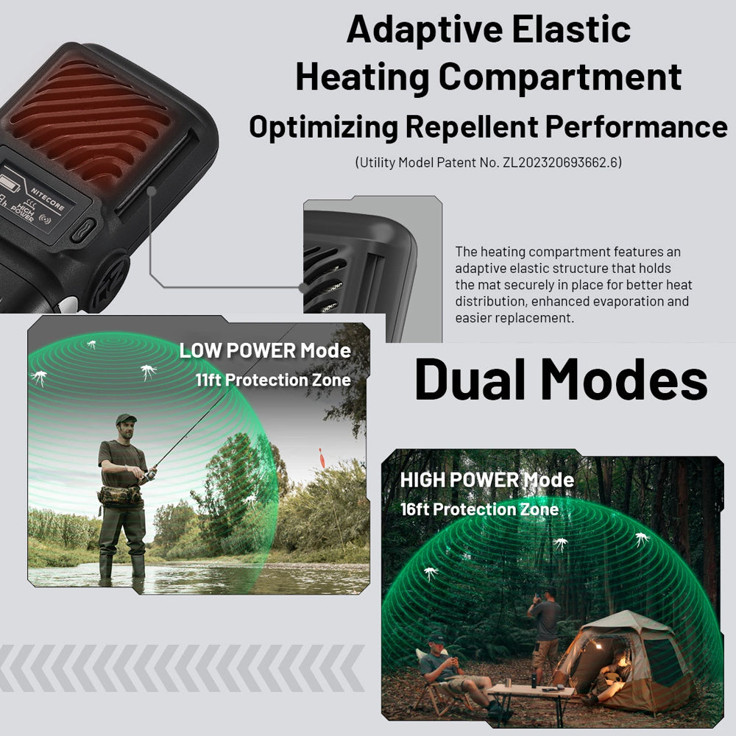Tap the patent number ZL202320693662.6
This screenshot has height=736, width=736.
click(x=560, y=163)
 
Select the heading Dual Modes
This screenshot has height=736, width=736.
click(x=561, y=379)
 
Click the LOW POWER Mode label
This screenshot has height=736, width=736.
click(x=265, y=350)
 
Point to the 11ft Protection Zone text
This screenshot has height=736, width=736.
click(x=273, y=380)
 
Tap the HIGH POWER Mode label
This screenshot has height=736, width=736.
click(x=486, y=480)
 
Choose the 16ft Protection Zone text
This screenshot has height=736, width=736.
click(x=479, y=509)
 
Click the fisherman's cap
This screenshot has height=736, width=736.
click(x=126, y=418)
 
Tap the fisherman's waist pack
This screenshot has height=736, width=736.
click(x=119, y=496)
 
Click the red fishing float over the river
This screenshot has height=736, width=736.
click(x=322, y=458)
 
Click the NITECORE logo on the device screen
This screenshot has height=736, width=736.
click(x=47, y=198)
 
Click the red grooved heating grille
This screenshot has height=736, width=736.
click(x=89, y=124)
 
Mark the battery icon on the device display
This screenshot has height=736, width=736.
click(x=10, y=183)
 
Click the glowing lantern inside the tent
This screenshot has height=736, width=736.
click(x=598, y=646)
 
